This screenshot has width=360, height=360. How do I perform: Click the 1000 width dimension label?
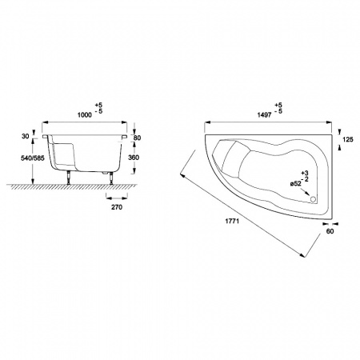pyautogui.click(x=85, y=115)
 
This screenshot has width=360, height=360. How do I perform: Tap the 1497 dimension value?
pyautogui.click(x=265, y=115)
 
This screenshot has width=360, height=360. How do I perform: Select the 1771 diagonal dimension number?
pyautogui.click(x=232, y=221)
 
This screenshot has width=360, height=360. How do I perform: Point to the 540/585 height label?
pyautogui.click(x=33, y=158)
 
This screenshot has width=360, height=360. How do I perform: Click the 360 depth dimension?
pyautogui.click(x=134, y=158)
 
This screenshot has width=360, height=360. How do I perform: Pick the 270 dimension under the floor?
pyautogui.click(x=117, y=207)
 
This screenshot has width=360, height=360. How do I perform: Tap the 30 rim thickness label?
pyautogui.click(x=25, y=136)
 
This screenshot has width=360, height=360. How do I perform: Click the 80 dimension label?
pyautogui.click(x=137, y=138)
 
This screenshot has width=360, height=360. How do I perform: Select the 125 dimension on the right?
pyautogui.click(x=348, y=139)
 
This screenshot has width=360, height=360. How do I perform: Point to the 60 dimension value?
pyautogui.click(x=330, y=231)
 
